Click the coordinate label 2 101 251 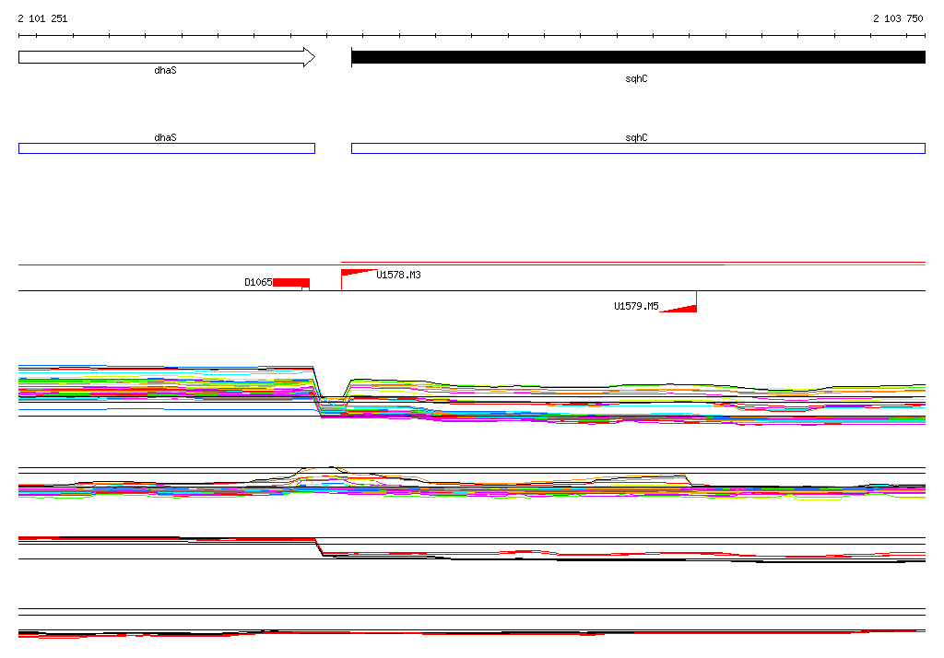click(42, 18)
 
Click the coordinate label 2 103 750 click(898, 18)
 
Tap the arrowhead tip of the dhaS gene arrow click(315, 57)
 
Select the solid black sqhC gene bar click(638, 57)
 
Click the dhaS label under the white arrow click(166, 70)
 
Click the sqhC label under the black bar click(636, 79)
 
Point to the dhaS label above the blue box click(166, 137)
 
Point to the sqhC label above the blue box click(636, 137)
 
